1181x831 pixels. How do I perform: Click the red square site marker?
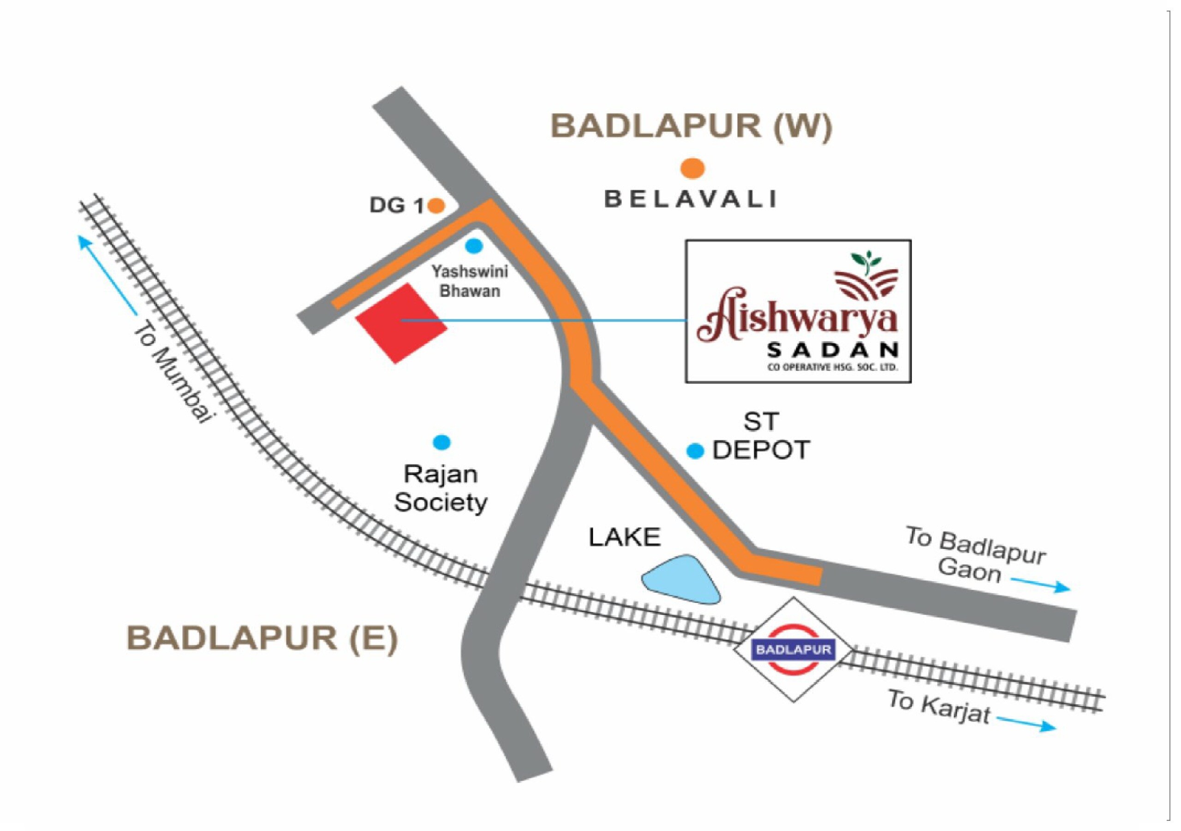coord(402,323)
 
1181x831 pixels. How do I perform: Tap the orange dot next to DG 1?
coord(436,206)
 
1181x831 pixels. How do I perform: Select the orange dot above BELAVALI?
coord(692,168)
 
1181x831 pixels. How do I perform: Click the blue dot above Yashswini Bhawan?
coord(474,246)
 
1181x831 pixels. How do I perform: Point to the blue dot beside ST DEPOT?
coord(695,451)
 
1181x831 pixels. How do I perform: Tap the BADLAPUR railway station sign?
coord(793,649)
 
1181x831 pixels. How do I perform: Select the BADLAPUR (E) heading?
coord(262,638)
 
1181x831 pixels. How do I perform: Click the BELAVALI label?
coord(690,199)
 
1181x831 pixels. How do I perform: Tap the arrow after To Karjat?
coord(1027,724)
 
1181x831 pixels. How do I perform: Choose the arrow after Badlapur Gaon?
coord(1041,585)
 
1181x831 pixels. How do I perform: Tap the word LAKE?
coord(625,537)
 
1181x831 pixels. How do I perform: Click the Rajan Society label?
coord(441,488)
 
